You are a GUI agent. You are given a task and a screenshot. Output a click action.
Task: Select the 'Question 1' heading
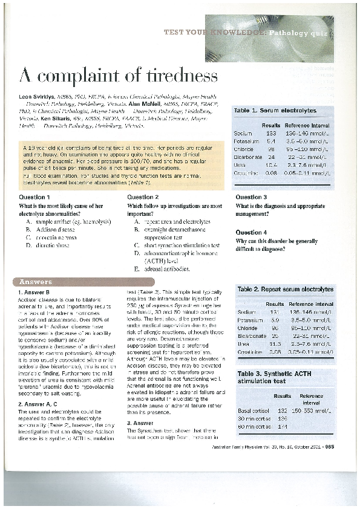pos(34,197)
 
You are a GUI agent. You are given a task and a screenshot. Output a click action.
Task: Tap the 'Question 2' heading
pos(143,197)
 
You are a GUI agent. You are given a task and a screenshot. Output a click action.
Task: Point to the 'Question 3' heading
pos(251,197)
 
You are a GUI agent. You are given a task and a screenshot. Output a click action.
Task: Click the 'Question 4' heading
pos(251,232)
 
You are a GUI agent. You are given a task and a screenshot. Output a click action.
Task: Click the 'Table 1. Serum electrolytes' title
pos(275,111)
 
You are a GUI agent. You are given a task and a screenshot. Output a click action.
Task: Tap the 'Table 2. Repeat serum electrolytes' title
pos(285,290)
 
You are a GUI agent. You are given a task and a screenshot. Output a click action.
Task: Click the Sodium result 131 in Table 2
pos(275,311)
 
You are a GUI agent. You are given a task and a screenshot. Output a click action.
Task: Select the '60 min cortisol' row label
pos(254,427)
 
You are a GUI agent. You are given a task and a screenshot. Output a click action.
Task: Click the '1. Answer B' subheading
pos(34,293)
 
